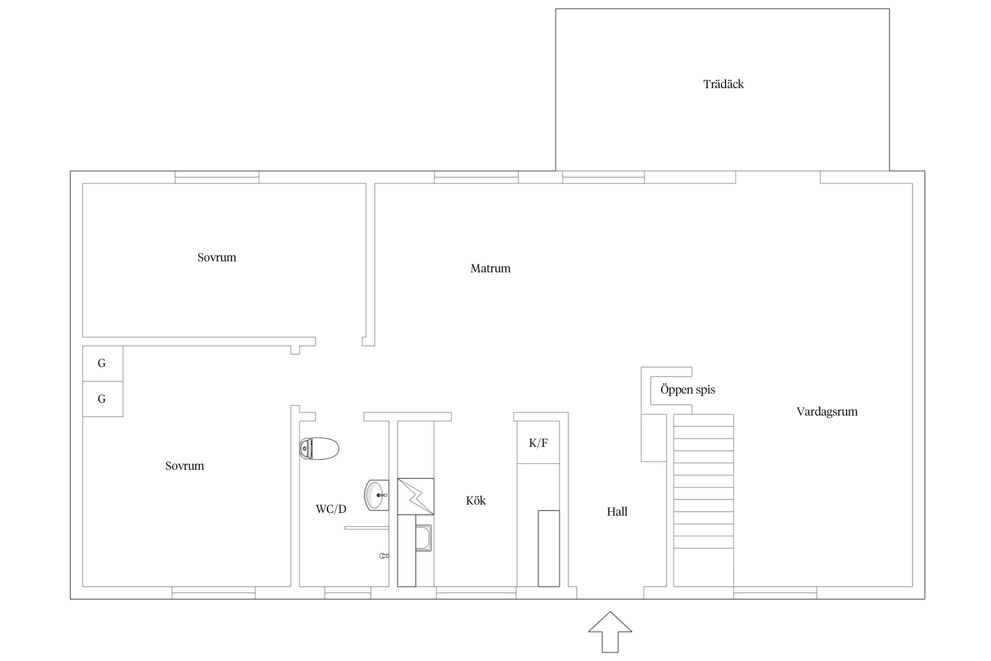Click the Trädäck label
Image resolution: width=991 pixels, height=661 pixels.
(x=723, y=84)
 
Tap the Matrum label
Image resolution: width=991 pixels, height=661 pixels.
(x=490, y=268)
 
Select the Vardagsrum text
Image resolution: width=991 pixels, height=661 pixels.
(x=827, y=412)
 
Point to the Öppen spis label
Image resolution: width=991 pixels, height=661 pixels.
(x=688, y=390)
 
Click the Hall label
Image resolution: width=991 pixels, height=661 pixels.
(x=617, y=512)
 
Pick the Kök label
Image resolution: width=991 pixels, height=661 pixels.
(x=476, y=501)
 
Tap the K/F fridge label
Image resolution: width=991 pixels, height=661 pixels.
(x=538, y=443)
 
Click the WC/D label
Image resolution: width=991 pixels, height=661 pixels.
(x=331, y=509)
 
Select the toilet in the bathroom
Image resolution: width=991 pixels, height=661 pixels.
(x=319, y=449)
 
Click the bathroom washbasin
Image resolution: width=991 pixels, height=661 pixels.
(x=377, y=495)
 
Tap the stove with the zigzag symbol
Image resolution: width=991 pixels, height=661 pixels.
(x=415, y=496)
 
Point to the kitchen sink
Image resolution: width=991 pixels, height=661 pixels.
(x=424, y=538)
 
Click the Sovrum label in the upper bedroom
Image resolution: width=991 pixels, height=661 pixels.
(x=217, y=257)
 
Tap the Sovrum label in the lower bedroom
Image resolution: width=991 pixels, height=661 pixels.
(x=185, y=466)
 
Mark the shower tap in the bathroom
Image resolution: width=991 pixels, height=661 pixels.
(x=384, y=556)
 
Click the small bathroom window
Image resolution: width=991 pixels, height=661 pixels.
(x=348, y=593)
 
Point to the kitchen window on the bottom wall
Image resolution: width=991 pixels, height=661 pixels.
(x=476, y=593)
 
